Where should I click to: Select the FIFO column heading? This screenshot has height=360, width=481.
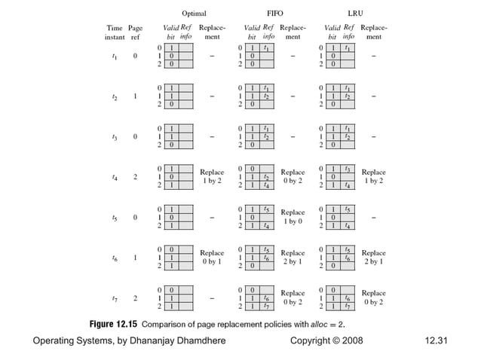(276, 14)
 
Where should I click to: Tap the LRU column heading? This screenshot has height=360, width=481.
(354, 14)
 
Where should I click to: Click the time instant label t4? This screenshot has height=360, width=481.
(114, 177)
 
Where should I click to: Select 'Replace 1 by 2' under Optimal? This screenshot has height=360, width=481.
(212, 177)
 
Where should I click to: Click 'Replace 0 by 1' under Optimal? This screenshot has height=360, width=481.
(212, 258)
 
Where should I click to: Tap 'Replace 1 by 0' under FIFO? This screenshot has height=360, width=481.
(293, 217)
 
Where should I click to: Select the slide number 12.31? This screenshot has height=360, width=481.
(437, 342)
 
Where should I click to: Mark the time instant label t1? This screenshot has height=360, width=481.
(114, 56)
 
